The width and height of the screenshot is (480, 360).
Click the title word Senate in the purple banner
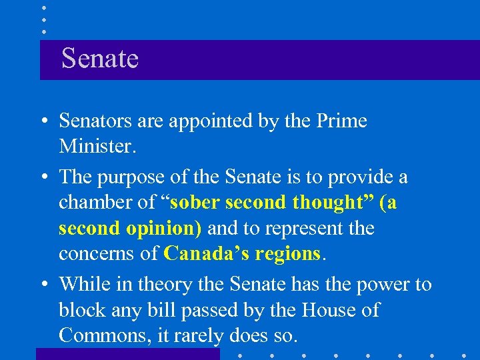click(x=100, y=59)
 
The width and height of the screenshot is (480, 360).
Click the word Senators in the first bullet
click(x=97, y=121)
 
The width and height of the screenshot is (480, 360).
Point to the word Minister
click(x=97, y=145)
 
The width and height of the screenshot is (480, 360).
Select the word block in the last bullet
click(x=81, y=310)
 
